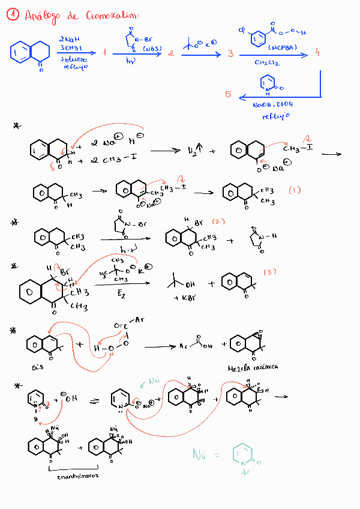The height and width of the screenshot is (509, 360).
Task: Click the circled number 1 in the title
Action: point(13,16)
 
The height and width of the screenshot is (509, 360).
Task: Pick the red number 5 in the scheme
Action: point(229,95)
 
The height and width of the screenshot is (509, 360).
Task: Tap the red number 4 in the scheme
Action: point(317,53)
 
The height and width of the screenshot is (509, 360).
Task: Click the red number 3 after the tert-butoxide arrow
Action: point(230,54)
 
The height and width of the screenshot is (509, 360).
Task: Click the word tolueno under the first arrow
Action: point(73,59)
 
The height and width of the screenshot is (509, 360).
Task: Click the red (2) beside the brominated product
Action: point(218,221)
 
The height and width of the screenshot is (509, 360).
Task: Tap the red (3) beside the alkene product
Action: point(271,273)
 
